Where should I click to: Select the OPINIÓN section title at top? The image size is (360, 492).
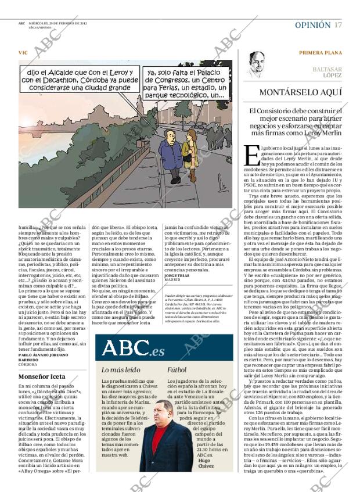pos(312,25)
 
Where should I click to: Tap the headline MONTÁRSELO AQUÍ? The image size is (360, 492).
pos(300,92)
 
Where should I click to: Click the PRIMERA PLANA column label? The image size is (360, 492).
pos(320,53)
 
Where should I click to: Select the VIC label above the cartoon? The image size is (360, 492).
pos(23,53)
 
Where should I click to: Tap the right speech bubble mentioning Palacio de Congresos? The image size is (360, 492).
pos(184,83)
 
